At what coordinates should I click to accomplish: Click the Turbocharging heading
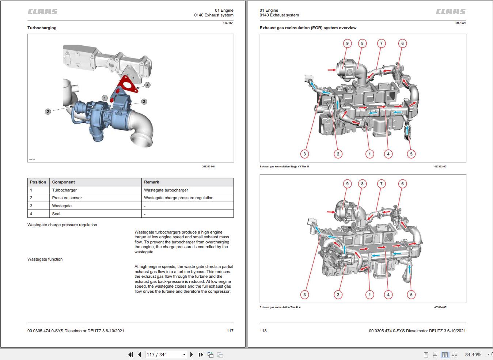(42, 28)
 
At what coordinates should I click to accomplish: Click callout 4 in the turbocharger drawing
(147, 85)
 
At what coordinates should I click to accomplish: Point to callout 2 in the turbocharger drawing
(48, 111)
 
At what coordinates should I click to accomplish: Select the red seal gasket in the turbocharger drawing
(126, 84)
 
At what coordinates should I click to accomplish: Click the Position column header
(38, 182)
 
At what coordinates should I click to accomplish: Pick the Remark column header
(151, 182)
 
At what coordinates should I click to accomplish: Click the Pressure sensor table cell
(67, 198)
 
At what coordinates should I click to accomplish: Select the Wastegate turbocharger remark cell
(166, 190)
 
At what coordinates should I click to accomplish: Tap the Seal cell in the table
(56, 214)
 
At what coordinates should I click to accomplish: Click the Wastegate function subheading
(45, 259)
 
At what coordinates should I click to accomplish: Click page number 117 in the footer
(230, 331)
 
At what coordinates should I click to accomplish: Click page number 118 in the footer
(263, 331)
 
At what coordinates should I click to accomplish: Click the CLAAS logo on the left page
(42, 12)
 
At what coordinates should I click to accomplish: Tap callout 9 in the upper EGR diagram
(347, 43)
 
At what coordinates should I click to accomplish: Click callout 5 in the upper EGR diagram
(411, 154)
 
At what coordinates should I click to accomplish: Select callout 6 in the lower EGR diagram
(402, 184)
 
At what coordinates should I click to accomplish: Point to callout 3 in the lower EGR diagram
(304, 295)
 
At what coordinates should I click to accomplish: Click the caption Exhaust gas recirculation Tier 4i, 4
(280, 307)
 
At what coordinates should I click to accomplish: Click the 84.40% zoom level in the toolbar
(473, 355)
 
